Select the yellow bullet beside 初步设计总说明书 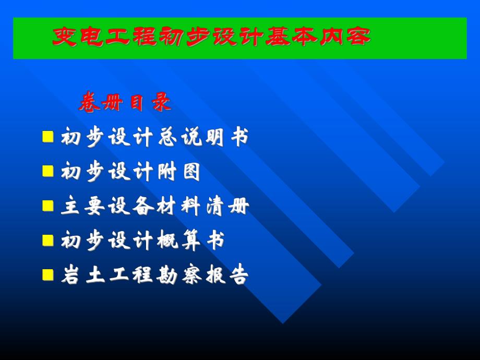tap(48, 137)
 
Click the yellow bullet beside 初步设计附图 tap(48, 171)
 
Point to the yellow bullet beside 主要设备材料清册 tap(48, 206)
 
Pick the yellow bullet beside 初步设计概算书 tap(48, 240)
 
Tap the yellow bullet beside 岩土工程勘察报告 tap(48, 274)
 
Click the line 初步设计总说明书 tap(154, 138)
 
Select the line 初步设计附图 tap(130, 172)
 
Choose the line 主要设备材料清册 tap(154, 207)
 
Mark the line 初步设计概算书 tap(142, 241)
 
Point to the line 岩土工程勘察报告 tap(154, 275)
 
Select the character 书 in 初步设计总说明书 tap(239, 138)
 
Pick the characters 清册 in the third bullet tap(227, 207)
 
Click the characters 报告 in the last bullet tap(227, 275)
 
